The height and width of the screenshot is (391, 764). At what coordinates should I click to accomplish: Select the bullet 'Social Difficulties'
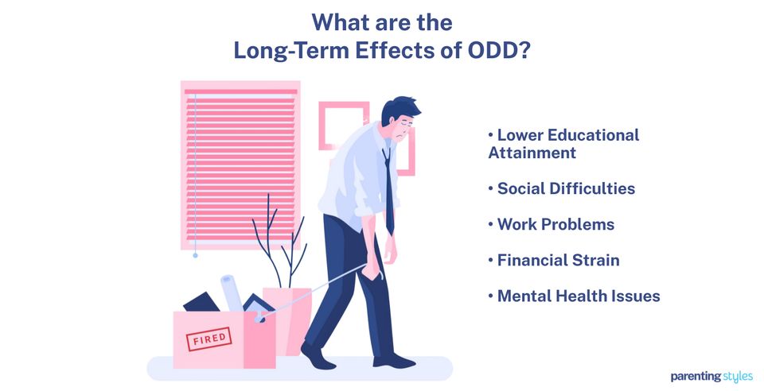pos(566,189)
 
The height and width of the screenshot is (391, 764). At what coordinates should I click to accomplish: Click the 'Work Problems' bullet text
pos(555,224)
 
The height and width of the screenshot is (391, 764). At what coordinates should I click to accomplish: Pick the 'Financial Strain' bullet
pos(558,260)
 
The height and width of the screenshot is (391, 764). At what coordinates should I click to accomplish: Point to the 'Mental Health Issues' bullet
pos(579,296)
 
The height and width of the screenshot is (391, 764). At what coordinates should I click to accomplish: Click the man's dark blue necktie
pos(388,191)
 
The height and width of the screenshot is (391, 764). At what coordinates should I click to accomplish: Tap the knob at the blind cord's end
pos(195,256)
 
